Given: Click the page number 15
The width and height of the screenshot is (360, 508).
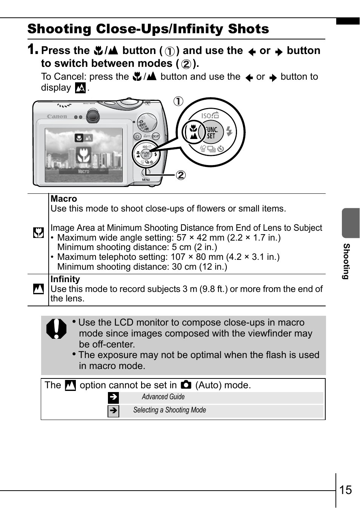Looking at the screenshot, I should click(x=345, y=490).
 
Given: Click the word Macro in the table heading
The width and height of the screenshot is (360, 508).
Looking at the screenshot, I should click(x=64, y=199).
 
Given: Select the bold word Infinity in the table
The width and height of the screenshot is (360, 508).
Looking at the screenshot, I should click(x=65, y=279).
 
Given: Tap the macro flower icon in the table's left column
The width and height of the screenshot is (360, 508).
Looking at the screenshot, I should click(x=38, y=233).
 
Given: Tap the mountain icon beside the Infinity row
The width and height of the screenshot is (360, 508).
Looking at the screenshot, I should click(x=38, y=289).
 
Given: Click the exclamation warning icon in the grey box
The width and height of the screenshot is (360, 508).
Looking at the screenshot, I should click(x=56, y=329).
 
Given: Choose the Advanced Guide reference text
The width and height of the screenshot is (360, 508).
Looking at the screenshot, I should click(x=163, y=397).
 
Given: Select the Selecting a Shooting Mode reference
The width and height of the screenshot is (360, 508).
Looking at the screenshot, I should click(x=169, y=410).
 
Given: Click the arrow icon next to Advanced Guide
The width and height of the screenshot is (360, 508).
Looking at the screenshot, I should click(x=113, y=397).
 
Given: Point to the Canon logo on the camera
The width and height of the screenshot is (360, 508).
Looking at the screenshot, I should click(x=57, y=117).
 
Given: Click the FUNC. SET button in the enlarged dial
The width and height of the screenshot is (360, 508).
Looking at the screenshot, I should click(x=212, y=133).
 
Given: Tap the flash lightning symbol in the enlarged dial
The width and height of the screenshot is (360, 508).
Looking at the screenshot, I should click(x=229, y=131).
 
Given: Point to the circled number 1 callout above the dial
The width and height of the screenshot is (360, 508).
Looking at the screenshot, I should click(x=178, y=101).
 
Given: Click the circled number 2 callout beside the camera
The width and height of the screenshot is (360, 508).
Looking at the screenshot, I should click(x=181, y=175).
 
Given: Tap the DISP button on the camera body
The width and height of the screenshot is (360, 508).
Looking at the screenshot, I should click(x=155, y=136).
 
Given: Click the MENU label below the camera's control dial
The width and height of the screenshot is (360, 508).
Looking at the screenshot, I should click(x=146, y=180).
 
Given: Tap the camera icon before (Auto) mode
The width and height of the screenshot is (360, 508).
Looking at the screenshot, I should click(x=186, y=385).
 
